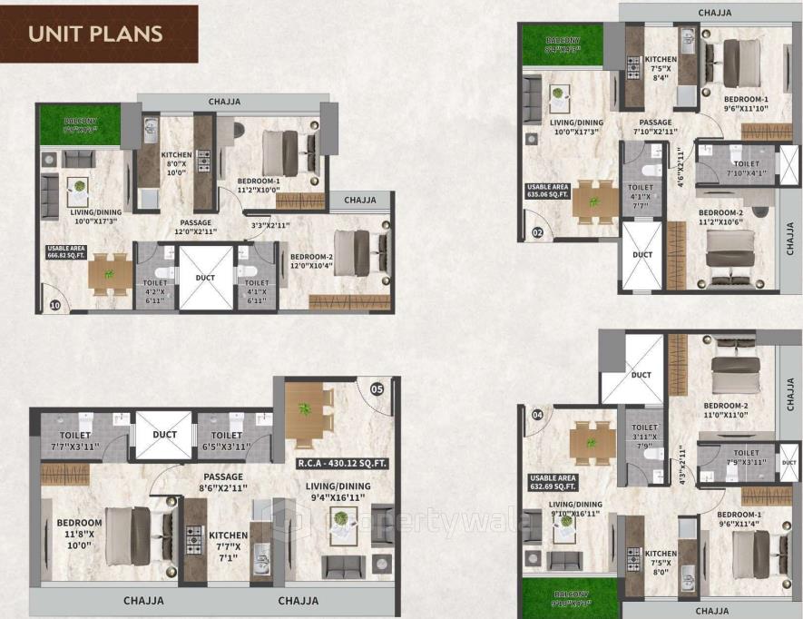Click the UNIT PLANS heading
pos(95,34)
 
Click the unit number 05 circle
pos(377,391)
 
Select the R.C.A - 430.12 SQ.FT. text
pos(343,464)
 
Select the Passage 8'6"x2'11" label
pos(223,482)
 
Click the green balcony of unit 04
pos(560,598)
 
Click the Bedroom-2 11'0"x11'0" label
pos(726,412)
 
